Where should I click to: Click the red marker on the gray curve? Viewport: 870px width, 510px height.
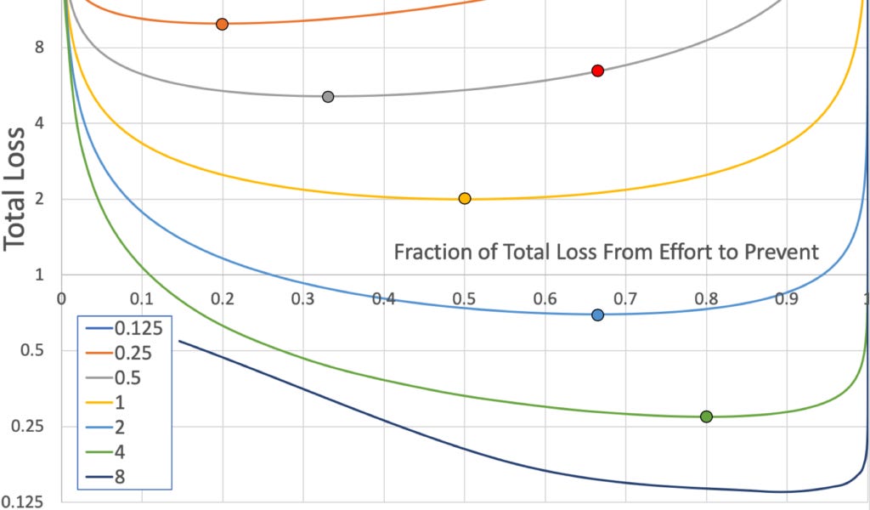[597, 71]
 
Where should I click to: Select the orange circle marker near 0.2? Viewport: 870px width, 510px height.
[222, 24]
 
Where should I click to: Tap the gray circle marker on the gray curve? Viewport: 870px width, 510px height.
[328, 96]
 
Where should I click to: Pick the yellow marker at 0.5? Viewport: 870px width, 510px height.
[464, 198]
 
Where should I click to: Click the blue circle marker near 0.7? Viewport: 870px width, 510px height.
[597, 314]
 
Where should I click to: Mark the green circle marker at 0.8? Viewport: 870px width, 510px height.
[706, 416]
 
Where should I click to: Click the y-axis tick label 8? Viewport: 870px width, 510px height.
[39, 48]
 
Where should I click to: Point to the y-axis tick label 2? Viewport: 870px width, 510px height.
[39, 199]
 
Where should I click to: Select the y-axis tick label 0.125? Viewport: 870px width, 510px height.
[23, 502]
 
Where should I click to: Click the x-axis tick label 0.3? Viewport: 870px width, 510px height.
[302, 298]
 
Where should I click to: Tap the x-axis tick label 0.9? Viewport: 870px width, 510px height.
[787, 298]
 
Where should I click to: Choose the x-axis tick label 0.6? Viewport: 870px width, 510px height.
[545, 298]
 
